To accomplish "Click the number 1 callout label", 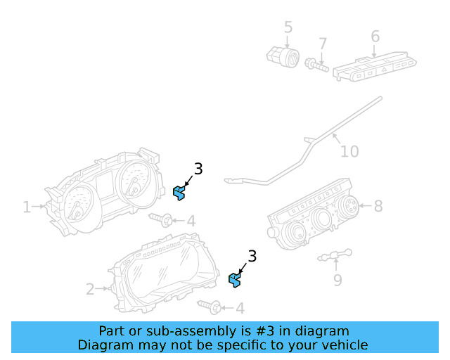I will pyautogui.click(x=27, y=207).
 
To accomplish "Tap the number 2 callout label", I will pyautogui.click(x=90, y=288).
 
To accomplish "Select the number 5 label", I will pyautogui.click(x=288, y=27).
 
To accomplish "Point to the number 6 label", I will pyautogui.click(x=375, y=36).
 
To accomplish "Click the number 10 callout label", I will pyautogui.click(x=349, y=151).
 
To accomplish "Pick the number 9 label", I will pyautogui.click(x=337, y=280).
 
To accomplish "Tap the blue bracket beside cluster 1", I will pyautogui.click(x=179, y=192).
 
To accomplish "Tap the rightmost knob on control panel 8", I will pyautogui.click(x=347, y=206).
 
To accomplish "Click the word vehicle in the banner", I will pyautogui.click(x=342, y=345).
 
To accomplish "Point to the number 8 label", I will pyautogui.click(x=378, y=206).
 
